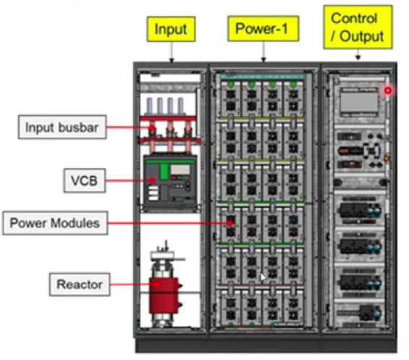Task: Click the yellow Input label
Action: [171, 29]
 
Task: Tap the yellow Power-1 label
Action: [263, 28]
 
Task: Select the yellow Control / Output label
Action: [358, 27]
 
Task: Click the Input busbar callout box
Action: [62, 127]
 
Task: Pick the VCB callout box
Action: [85, 180]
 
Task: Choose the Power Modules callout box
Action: [55, 223]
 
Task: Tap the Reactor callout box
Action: [80, 284]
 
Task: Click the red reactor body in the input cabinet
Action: [164, 296]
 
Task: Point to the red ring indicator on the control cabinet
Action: [388, 91]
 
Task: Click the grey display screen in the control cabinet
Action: [359, 102]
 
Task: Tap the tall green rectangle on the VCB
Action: [164, 172]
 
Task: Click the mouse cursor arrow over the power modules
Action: [263, 277]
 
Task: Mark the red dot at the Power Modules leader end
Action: [229, 223]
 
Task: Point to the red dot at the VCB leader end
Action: [152, 180]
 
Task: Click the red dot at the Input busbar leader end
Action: [151, 127]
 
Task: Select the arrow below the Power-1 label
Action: [263, 51]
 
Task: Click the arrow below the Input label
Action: [172, 52]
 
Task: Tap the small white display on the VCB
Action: [180, 170]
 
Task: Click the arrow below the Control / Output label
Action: [358, 54]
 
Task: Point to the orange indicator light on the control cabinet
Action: [387, 158]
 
